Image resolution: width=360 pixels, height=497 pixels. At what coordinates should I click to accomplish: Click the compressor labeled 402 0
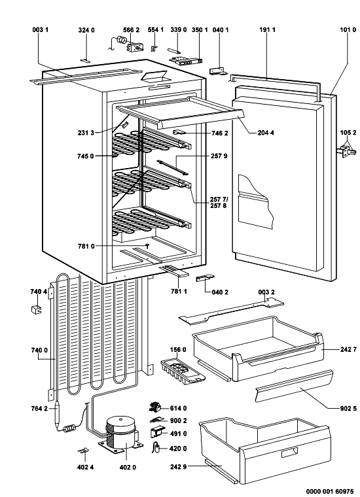[x=120, y=436]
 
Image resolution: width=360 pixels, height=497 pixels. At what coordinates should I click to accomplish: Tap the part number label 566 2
[x=132, y=30]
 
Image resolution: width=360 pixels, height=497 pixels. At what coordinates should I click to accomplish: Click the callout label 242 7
[x=349, y=349]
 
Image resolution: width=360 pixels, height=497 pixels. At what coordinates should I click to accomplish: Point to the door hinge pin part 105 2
[x=348, y=151]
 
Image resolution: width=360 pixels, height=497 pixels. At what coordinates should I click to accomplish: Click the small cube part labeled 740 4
[x=36, y=309]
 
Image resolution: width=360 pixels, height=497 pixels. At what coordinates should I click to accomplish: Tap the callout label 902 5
[x=349, y=409]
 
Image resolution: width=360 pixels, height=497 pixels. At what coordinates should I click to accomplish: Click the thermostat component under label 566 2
[x=134, y=48]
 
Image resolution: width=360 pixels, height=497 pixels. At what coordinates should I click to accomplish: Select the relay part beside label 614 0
[x=156, y=407]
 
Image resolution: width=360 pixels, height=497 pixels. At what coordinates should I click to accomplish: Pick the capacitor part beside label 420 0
[x=156, y=447]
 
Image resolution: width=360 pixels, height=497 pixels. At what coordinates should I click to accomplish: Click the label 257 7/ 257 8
[x=219, y=203]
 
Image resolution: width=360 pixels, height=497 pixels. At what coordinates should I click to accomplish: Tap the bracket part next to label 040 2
[x=205, y=278]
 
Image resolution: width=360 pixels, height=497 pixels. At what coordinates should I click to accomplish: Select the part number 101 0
[x=348, y=30]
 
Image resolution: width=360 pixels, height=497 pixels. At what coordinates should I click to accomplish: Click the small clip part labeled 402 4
[x=84, y=451]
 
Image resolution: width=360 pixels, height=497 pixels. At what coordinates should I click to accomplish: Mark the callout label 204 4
[x=266, y=133]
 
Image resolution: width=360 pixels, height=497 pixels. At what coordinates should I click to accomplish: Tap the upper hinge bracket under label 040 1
[x=218, y=72]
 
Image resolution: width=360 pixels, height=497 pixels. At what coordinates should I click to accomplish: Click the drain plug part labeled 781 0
[x=147, y=246]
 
